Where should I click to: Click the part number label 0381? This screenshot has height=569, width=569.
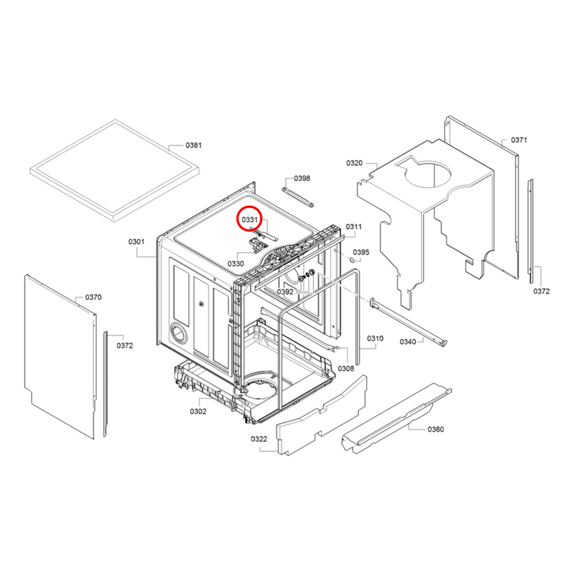pyautogui.click(x=193, y=145)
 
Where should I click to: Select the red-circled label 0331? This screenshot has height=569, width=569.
pyautogui.click(x=249, y=220)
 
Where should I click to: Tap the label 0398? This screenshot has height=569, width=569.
pyautogui.click(x=302, y=178)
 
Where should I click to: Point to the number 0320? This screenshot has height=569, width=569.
pyautogui.click(x=354, y=163)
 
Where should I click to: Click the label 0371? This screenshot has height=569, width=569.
pyautogui.click(x=519, y=140)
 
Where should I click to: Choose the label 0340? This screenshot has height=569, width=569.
pyautogui.click(x=408, y=342)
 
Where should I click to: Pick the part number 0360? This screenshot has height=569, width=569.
pyautogui.click(x=436, y=429)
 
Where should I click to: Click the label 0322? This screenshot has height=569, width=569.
pyautogui.click(x=259, y=439)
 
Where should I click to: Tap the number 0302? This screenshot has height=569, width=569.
pyautogui.click(x=198, y=411)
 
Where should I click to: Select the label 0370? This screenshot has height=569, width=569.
pyautogui.click(x=93, y=297)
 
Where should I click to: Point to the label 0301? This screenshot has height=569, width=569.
pyautogui.click(x=136, y=242)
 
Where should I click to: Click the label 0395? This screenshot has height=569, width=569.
pyautogui.click(x=361, y=252)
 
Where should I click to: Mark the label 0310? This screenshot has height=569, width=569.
pyautogui.click(x=375, y=339)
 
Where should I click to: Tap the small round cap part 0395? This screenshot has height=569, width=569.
pyautogui.click(x=351, y=261)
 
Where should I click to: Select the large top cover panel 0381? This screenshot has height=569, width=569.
pyautogui.click(x=114, y=169)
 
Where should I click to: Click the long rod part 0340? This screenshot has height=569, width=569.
pyautogui.click(x=410, y=322)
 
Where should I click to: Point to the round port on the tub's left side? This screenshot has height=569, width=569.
pyautogui.click(x=179, y=333)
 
